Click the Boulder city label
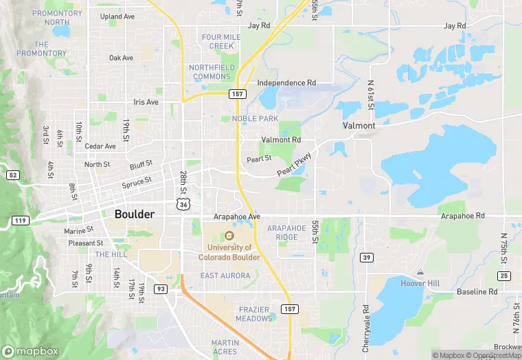[135, 214]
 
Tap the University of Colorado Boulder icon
[229, 235]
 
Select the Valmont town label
[359, 126]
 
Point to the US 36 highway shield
[183, 204]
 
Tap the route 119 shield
[20, 221]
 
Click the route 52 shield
[13, 175]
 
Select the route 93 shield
[159, 289]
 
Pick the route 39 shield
[366, 257]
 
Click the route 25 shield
[504, 275]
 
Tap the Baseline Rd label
[477, 292]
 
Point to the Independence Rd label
[286, 82]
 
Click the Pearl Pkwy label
[295, 164]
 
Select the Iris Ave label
[146, 102]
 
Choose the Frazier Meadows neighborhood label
[255, 314]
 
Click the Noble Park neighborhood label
[255, 118]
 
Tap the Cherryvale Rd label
[366, 325]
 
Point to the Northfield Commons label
[212, 71]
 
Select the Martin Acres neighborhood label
[225, 347]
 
